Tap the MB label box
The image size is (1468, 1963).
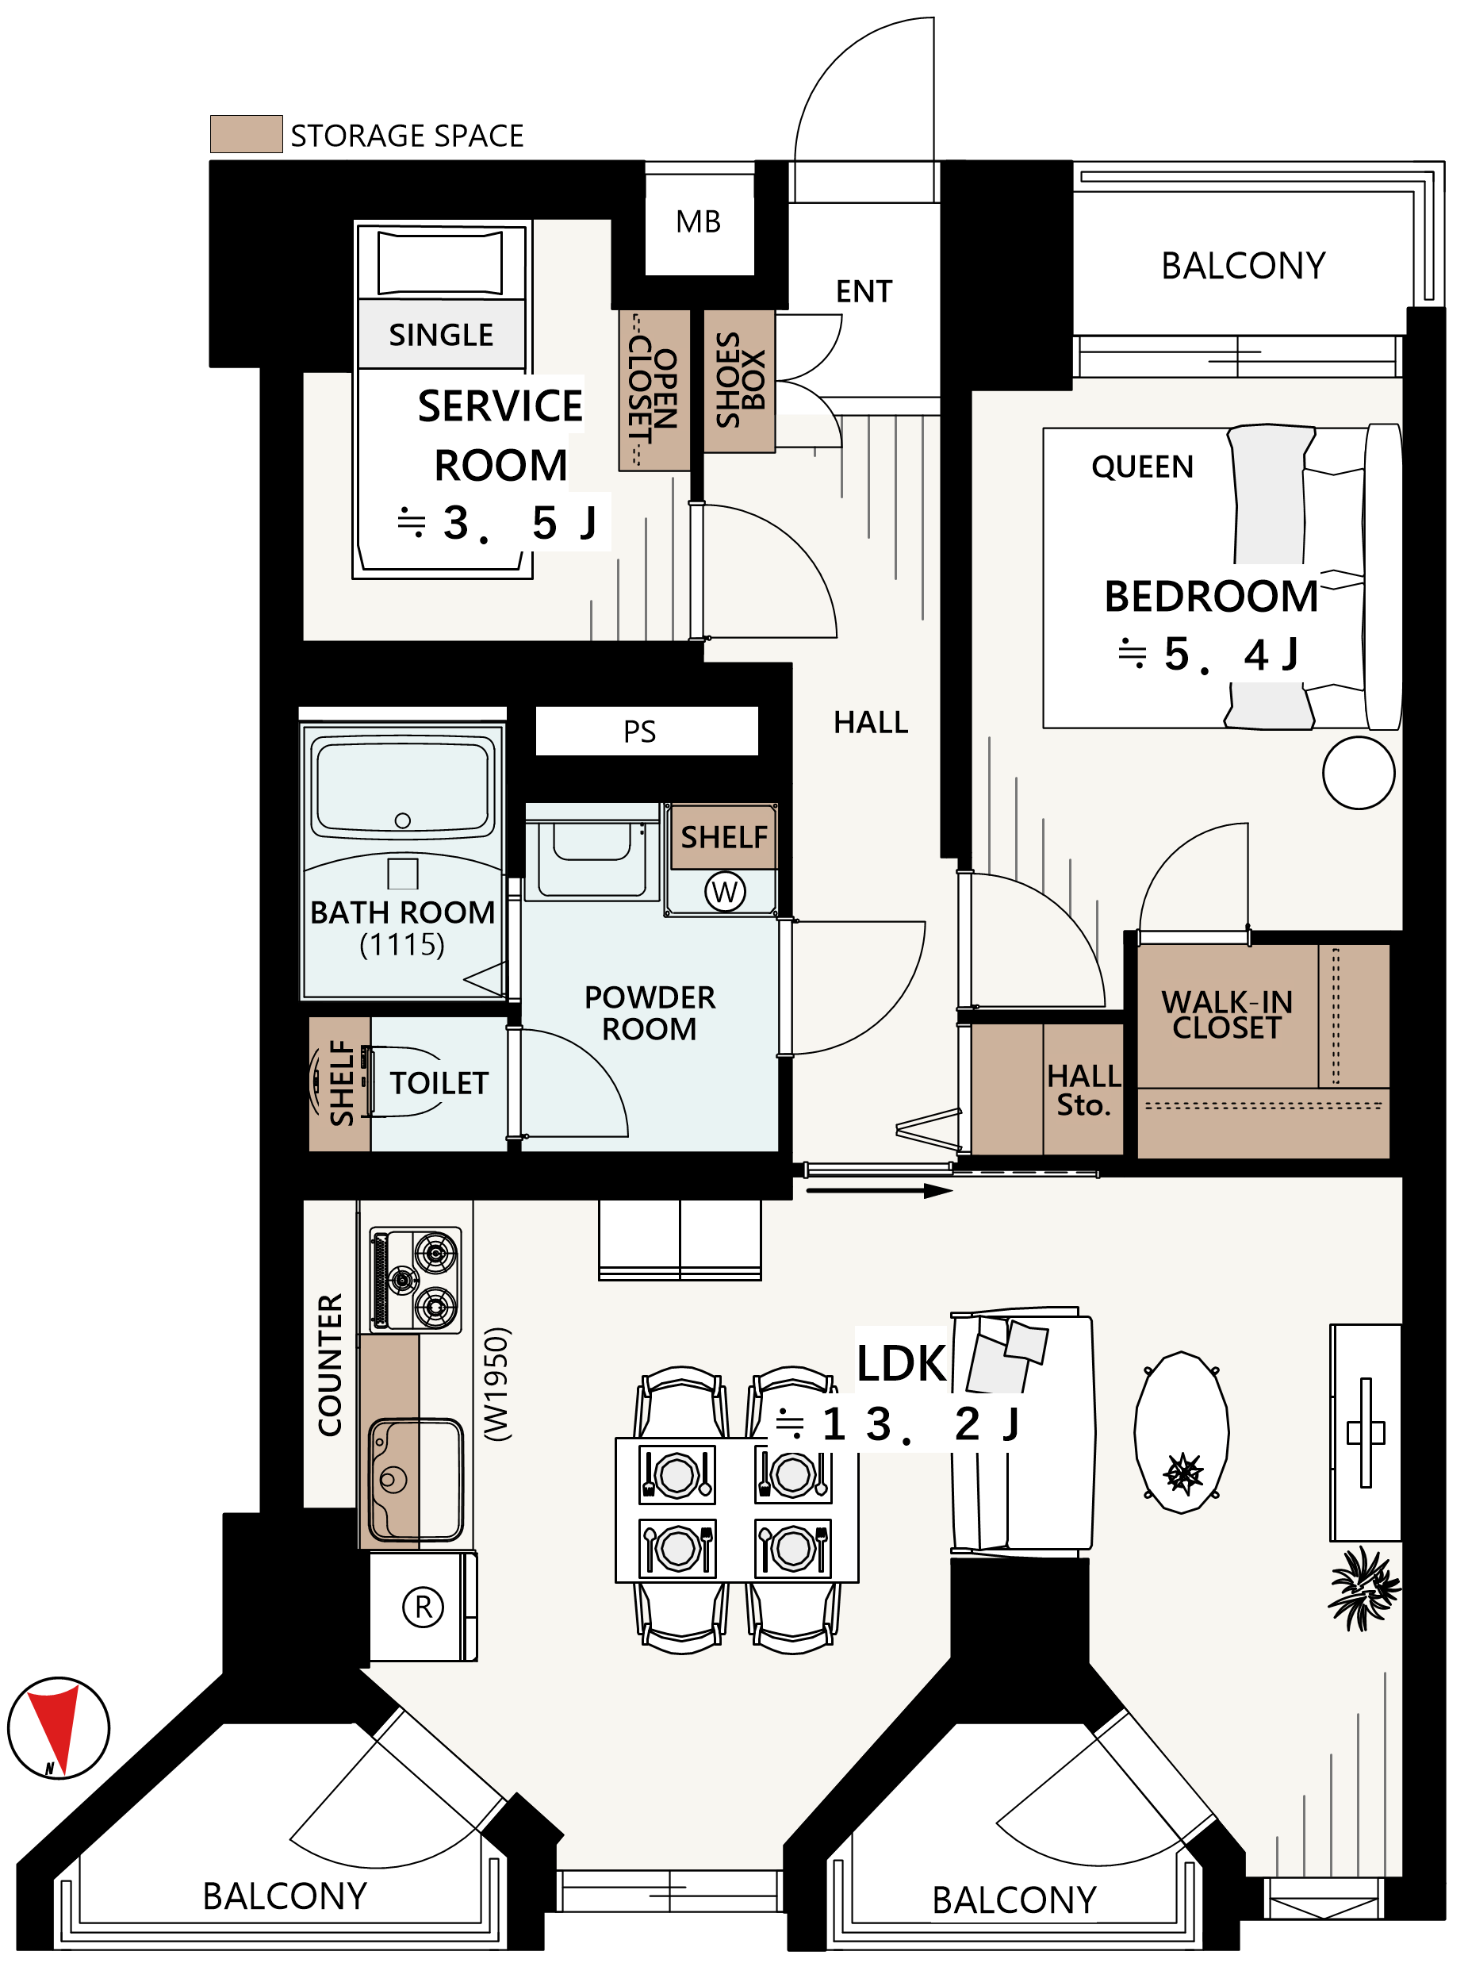(699, 222)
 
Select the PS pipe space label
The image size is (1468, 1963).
(639, 732)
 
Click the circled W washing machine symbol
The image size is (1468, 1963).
(725, 891)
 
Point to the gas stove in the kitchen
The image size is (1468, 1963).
(415, 1281)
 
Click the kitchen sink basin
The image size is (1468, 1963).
(415, 1478)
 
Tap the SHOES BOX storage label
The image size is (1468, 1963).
(740, 380)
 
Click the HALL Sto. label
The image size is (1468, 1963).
(1083, 1089)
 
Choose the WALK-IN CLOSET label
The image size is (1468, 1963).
(1227, 1014)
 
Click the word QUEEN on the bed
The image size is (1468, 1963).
(1143, 467)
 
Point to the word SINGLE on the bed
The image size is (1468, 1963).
(441, 335)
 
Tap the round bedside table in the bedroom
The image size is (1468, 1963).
(1358, 772)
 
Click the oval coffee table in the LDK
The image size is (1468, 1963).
(1182, 1432)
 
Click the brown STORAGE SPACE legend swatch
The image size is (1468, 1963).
(247, 134)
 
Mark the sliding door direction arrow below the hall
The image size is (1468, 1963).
(879, 1191)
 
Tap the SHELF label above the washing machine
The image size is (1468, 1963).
(724, 837)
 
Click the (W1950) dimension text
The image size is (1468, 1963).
(496, 1384)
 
